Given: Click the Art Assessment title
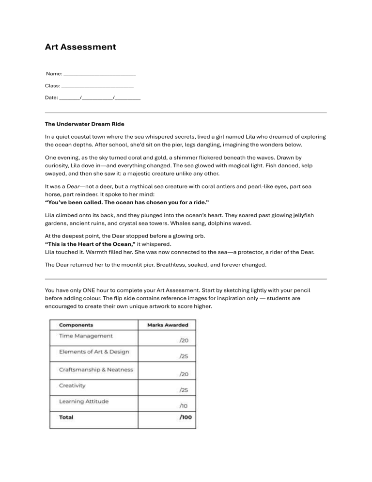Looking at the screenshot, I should tap(80, 47).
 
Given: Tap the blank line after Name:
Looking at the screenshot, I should tap(99, 74).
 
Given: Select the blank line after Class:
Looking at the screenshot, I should tap(97, 86).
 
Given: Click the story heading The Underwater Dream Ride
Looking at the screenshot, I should tap(84, 124).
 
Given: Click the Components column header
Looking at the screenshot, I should tap(76, 325).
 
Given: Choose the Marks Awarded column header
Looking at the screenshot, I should tap(167, 325).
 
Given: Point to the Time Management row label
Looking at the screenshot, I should tap(86, 336).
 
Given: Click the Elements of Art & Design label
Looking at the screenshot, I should tap(94, 352).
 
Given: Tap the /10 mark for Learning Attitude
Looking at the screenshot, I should tap(184, 406).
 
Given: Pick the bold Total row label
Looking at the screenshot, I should tap(67, 417).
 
